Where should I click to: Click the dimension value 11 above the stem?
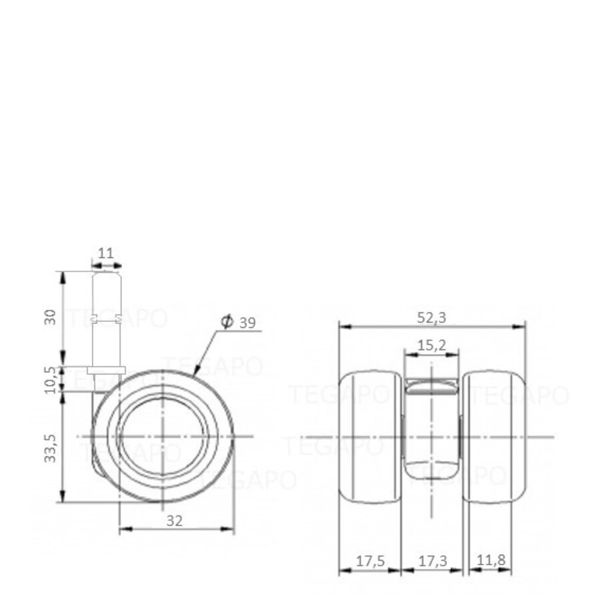coord(106,253)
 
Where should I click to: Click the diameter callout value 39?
coord(247,323)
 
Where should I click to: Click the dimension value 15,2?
coord(431,346)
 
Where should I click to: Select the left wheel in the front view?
coord(371,437)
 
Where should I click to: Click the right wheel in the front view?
coord(494,437)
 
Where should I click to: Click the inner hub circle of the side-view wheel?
coord(162,437)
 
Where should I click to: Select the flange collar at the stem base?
coord(107,370)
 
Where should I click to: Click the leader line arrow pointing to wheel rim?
coord(195,371)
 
